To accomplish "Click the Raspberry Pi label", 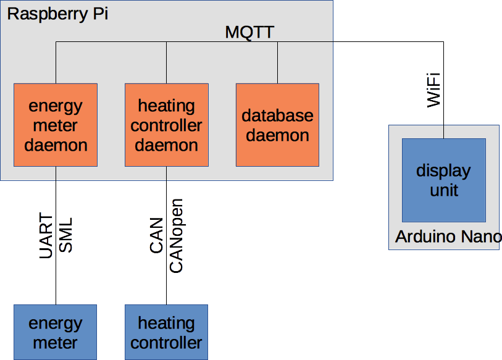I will pos(57,14).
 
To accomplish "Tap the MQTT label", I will pos(249,32).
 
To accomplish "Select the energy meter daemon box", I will pos(56,125).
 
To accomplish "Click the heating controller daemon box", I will pos(166,125).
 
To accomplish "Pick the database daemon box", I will pos(277,125).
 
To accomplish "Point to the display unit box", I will pos(443,180).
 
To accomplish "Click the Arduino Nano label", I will pos(448,237).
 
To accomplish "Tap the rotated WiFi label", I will pos(434,90).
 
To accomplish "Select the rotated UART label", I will pos(46,235).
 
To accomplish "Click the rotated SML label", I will pos(65,235).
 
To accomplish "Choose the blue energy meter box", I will pos(56,332).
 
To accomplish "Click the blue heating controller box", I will pos(166,332).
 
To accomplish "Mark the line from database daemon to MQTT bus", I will pos(277,62).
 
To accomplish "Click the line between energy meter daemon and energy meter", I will pos(56,272).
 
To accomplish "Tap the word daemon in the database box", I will pos(277,135).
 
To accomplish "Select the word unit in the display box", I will pos(444,190).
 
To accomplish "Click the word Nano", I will pos(482,237).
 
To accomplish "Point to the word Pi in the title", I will pos(99,14).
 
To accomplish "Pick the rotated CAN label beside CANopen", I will pos(157,235).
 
